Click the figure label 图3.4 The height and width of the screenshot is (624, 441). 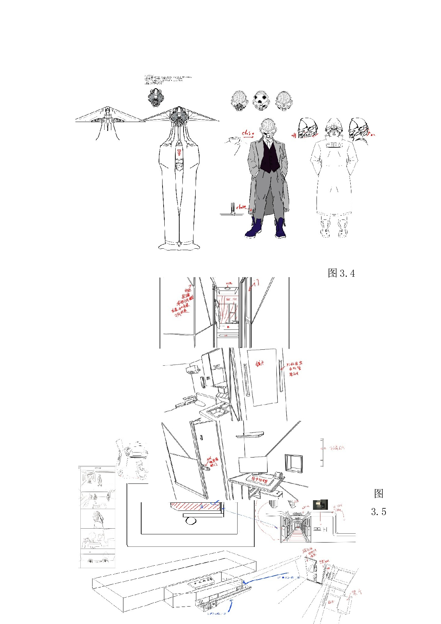tap(341, 273)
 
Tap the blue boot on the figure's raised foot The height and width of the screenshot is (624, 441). tap(254, 229)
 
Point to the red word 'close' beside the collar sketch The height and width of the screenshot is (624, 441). tap(248, 133)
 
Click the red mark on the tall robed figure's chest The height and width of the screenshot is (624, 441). tap(179, 153)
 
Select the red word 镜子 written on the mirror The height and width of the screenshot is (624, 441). tap(260, 364)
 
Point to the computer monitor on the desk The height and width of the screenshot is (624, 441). tap(253, 465)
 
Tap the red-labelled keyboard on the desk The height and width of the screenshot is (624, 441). tap(257, 480)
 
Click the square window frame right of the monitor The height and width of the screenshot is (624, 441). tap(294, 463)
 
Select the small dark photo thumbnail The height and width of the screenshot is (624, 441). tap(320, 504)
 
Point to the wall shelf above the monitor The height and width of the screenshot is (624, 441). tap(250, 434)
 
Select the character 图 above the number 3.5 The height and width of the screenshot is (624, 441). tap(378, 493)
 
